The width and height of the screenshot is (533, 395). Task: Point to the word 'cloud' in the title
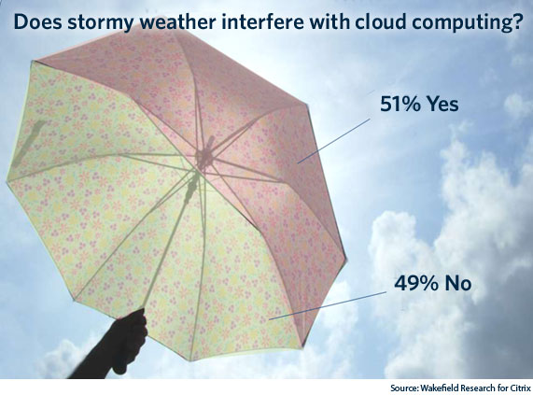pos(380,21)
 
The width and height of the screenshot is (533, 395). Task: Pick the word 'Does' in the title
pos(37,21)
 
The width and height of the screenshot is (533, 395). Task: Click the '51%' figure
pos(400,104)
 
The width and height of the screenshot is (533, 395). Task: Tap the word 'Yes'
pos(442,104)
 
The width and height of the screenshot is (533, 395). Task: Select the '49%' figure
pos(414,283)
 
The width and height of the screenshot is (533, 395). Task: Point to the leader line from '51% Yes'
pos(333,141)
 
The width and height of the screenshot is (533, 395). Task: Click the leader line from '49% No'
pos(328,305)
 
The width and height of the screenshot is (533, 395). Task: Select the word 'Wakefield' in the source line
pos(436,388)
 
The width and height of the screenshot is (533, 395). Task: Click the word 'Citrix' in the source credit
pos(520,388)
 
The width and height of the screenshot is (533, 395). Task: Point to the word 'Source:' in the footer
pos(404,388)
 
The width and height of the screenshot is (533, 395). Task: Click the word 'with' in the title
pos(329,21)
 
